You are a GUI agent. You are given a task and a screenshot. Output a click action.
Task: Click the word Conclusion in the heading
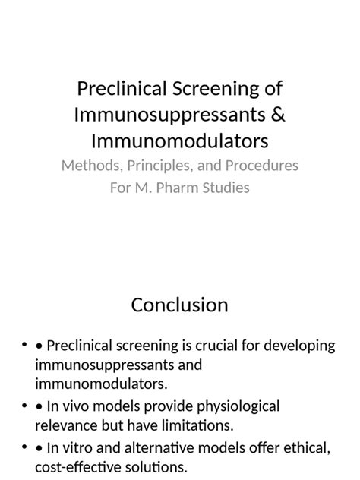(179, 305)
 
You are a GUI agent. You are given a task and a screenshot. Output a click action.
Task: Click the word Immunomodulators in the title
(180, 142)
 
